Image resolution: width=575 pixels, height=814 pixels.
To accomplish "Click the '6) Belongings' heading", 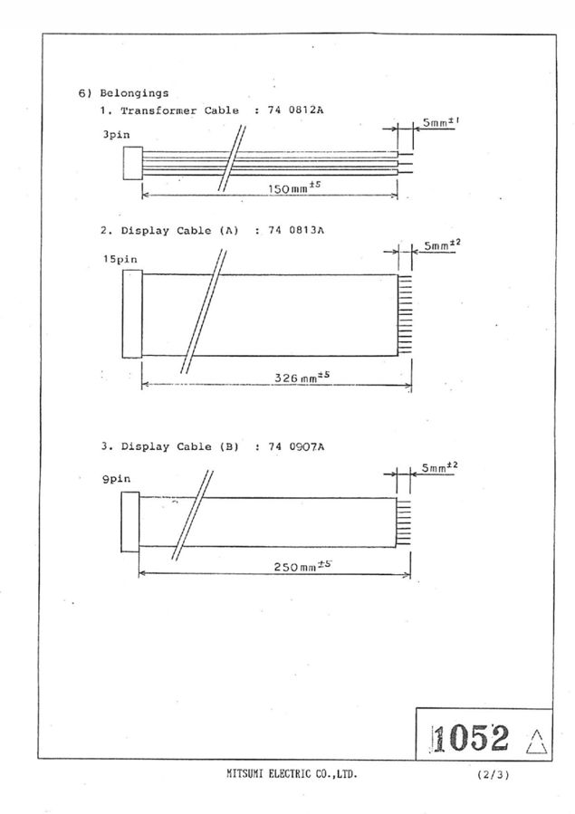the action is click(x=123, y=93).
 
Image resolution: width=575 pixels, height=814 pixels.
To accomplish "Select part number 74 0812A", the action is click(x=295, y=110).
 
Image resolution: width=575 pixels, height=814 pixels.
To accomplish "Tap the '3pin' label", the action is click(x=116, y=134).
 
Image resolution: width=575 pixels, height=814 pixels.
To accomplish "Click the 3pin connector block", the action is click(x=132, y=164).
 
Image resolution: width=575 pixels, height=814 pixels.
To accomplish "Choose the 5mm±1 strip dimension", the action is click(x=441, y=123).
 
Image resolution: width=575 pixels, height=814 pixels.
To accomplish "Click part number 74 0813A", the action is click(x=296, y=230).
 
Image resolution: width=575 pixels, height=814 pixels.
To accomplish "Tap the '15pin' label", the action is click(x=120, y=259).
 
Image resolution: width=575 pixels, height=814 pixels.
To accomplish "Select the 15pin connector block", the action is click(x=132, y=314).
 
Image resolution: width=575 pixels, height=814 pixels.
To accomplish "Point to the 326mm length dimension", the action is click(x=302, y=377).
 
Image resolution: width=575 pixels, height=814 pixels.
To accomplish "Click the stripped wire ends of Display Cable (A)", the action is click(x=405, y=315).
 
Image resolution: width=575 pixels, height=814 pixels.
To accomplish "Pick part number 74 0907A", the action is click(x=296, y=446).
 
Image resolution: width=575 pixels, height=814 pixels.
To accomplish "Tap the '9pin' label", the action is click(x=116, y=479).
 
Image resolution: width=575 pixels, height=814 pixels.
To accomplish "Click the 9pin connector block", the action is click(x=129, y=522).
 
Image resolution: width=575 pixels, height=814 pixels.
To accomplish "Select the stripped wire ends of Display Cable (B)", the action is click(x=403, y=522).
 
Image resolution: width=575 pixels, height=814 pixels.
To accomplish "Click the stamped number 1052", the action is click(x=471, y=738).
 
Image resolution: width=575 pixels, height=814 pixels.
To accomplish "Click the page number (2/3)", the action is click(x=493, y=775).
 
